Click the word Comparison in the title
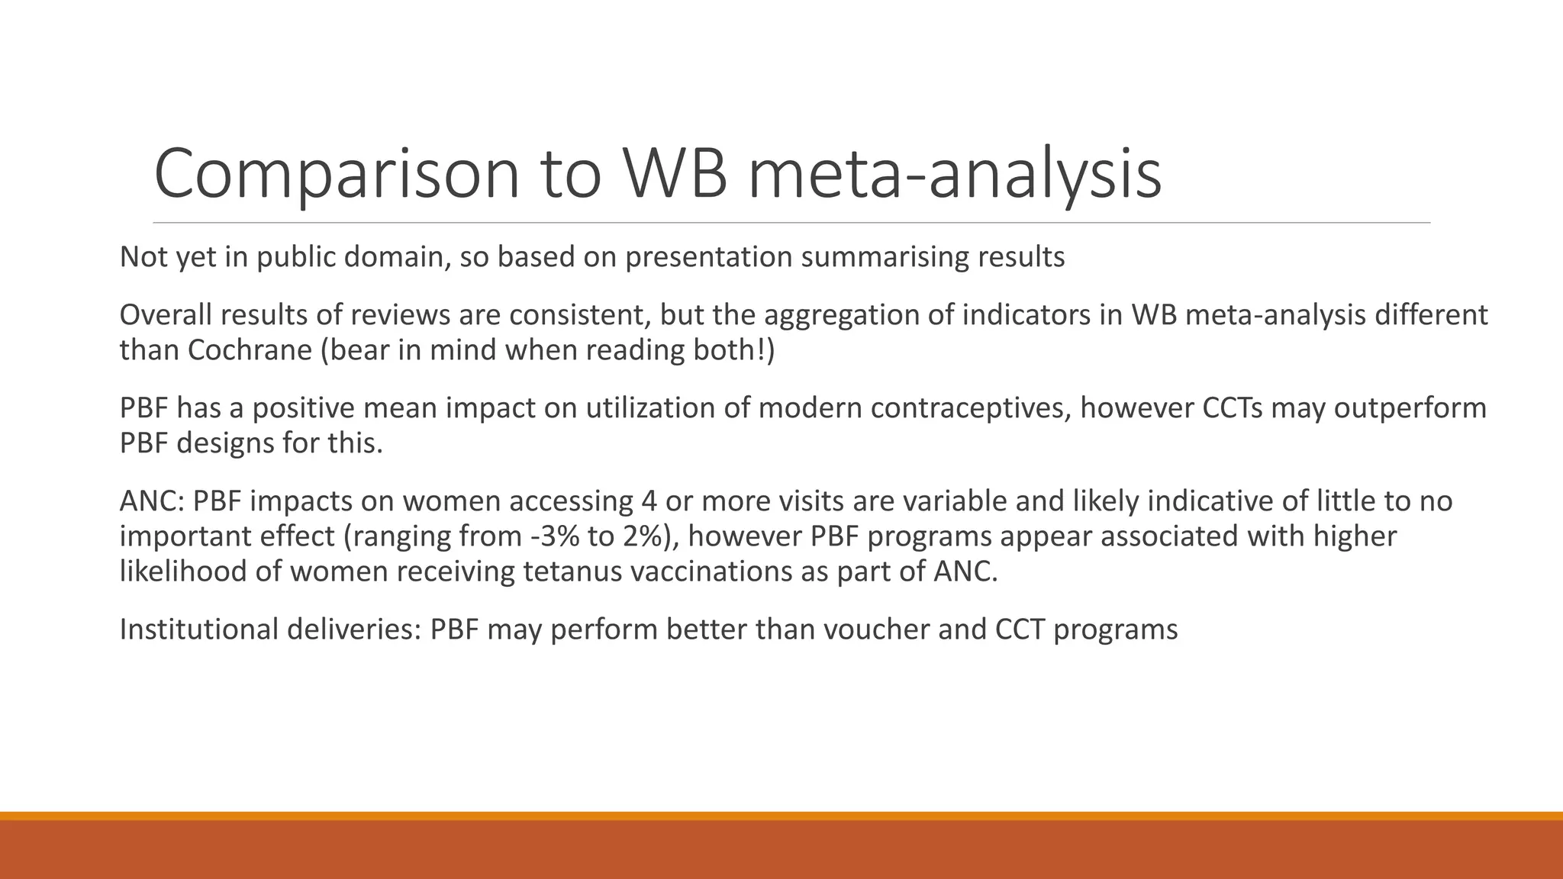pyautogui.click(x=337, y=174)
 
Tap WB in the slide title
pyautogui.click(x=675, y=174)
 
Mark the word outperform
pyautogui.click(x=1410, y=408)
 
